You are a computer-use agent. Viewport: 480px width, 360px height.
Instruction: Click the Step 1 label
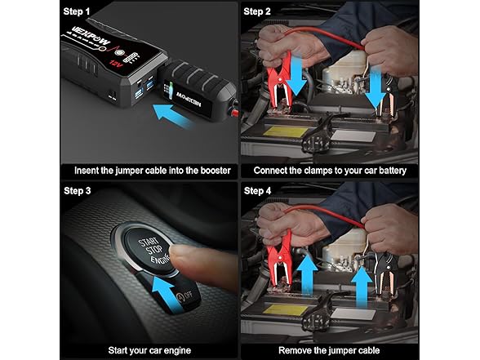click(81, 12)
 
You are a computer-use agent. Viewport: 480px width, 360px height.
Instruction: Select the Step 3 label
click(81, 191)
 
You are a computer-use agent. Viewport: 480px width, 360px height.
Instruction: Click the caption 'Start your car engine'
click(150, 350)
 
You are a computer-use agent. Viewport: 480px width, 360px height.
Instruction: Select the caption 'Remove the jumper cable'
click(330, 350)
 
